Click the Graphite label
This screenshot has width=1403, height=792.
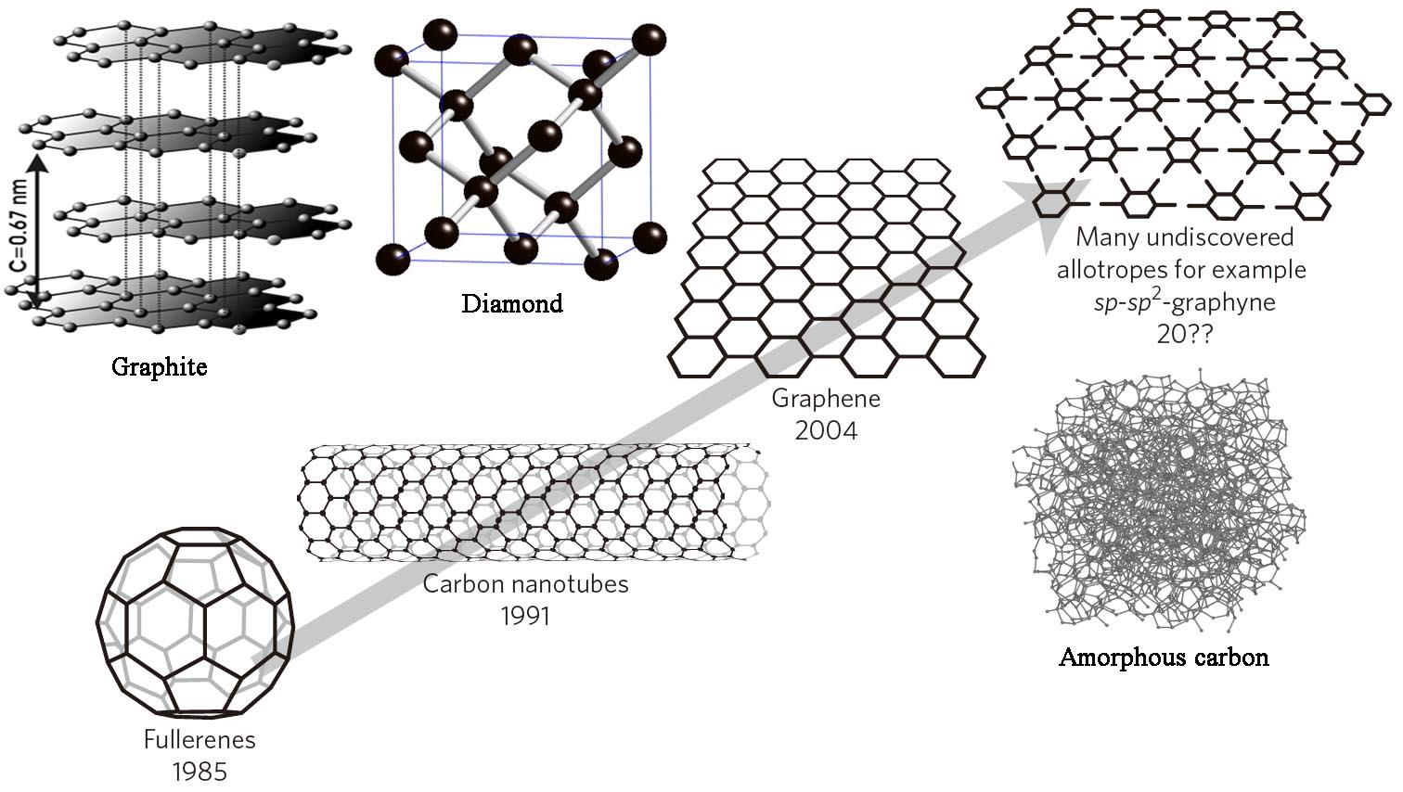click(159, 367)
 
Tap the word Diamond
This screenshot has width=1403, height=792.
click(512, 303)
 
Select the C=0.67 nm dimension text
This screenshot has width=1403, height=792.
click(19, 228)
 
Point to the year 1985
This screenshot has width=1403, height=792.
click(200, 772)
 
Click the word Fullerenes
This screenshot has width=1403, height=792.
click(200, 739)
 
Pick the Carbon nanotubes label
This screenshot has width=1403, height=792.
click(525, 583)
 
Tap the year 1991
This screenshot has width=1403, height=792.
click(525, 616)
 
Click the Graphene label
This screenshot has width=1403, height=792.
click(826, 399)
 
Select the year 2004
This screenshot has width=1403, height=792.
click(826, 430)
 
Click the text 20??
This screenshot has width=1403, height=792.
click(1184, 335)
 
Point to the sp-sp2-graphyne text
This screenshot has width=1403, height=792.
click(1184, 301)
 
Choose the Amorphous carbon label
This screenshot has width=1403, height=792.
click(1164, 658)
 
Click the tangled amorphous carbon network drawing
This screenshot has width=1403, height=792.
click(1159, 501)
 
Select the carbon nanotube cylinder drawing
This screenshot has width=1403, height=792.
click(534, 502)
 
